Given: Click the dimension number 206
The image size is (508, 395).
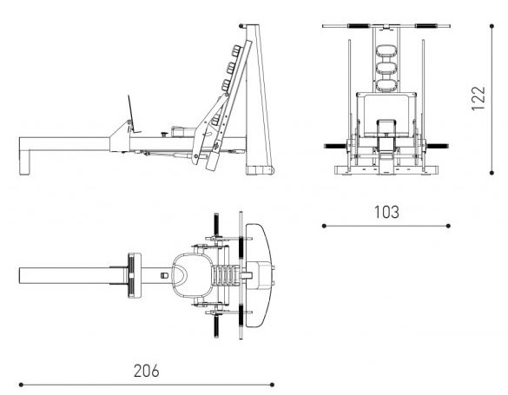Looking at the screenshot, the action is (147, 371).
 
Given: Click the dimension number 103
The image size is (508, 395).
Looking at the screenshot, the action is (386, 212).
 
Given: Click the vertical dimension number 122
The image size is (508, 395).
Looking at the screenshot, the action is (478, 98).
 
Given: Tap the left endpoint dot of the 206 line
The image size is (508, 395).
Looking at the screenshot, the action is (21, 385).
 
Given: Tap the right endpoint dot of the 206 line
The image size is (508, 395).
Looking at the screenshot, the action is (272, 385).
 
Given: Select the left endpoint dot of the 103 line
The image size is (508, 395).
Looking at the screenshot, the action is (324, 226).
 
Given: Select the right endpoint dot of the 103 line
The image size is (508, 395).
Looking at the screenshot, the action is (448, 226).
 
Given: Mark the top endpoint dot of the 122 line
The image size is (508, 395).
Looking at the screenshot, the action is (492, 26).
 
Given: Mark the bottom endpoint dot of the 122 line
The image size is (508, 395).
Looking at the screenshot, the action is (492, 173).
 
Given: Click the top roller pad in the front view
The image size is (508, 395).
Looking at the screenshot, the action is (386, 51).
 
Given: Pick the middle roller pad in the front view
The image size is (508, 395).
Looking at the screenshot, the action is (386, 68).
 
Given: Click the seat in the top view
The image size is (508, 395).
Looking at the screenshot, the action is (191, 275).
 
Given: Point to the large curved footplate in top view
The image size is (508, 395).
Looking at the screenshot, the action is (258, 275).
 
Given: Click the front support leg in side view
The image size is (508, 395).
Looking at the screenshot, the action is (25, 161).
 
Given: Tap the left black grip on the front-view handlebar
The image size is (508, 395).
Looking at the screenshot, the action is (359, 26).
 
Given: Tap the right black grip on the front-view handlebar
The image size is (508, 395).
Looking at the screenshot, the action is (426, 26).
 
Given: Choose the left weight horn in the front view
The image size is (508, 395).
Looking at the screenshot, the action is (335, 146).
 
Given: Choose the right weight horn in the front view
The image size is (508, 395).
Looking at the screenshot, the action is (438, 146).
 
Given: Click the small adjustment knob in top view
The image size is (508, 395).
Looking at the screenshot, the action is (165, 275).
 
